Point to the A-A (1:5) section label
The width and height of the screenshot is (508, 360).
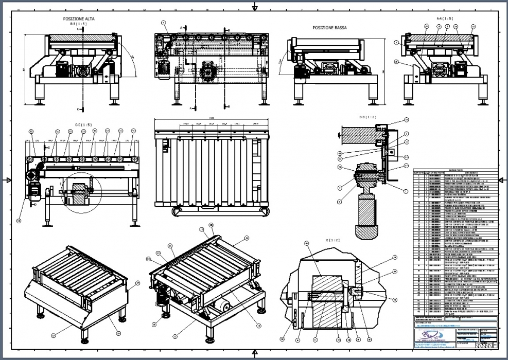pyautogui.click(x=445, y=18)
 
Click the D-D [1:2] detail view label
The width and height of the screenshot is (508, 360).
pyautogui.click(x=368, y=117)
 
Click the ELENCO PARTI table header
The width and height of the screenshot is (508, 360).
pyautogui.click(x=456, y=169)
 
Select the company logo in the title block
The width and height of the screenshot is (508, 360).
pyautogui.click(x=430, y=335)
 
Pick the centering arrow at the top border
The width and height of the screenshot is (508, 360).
pyautogui.click(x=254, y=6)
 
